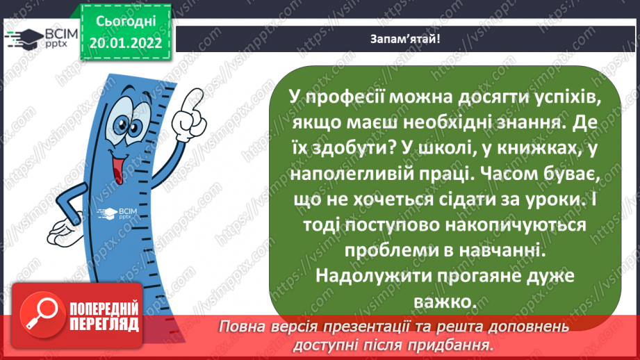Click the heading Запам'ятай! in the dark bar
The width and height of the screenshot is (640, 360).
(x=404, y=38)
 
